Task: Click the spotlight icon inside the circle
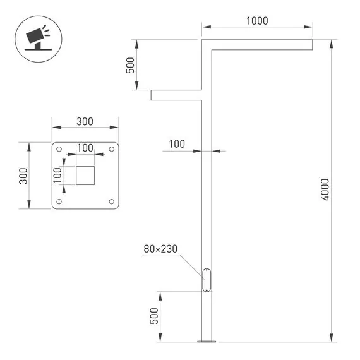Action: [35, 37]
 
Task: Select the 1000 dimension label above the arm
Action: [257, 20]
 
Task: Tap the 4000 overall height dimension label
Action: [325, 189]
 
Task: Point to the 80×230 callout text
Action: [160, 249]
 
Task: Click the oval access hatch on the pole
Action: [207, 279]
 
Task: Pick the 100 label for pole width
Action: [177, 144]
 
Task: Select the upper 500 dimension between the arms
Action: [131, 66]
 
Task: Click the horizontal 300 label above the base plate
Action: [85, 122]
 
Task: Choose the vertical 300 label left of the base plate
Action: [23, 176]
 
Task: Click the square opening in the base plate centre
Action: [85, 176]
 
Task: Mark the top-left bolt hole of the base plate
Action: [59, 150]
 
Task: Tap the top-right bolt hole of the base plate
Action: [111, 150]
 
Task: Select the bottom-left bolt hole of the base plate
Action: [59, 201]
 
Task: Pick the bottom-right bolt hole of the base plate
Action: [111, 201]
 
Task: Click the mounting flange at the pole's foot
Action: [206, 342]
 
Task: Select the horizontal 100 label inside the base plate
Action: [85, 148]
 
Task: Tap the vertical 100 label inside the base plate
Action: [57, 175]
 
